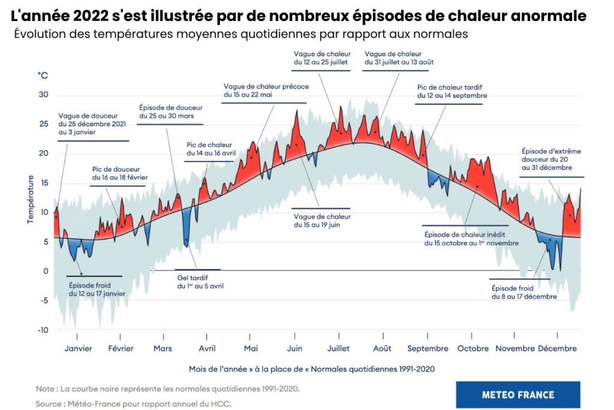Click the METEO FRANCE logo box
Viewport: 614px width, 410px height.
518,394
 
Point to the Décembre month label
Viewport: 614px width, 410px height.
557,348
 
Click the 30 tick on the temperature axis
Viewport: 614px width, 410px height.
43,95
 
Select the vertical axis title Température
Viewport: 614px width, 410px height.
30,199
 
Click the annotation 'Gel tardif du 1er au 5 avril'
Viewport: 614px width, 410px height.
200,282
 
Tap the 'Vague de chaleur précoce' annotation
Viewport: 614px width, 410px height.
266,91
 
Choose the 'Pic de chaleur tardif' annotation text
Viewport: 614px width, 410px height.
452,91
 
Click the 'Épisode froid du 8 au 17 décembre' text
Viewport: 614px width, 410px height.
524,292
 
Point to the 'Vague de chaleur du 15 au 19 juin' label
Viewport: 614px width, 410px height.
322,220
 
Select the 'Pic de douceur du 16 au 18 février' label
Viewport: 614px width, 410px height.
120,173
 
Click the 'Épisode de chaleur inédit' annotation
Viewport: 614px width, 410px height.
471,238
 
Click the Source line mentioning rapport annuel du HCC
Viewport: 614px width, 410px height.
133,404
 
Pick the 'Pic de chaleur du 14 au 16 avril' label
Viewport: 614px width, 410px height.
211,149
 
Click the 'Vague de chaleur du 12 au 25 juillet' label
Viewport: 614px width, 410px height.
321,58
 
